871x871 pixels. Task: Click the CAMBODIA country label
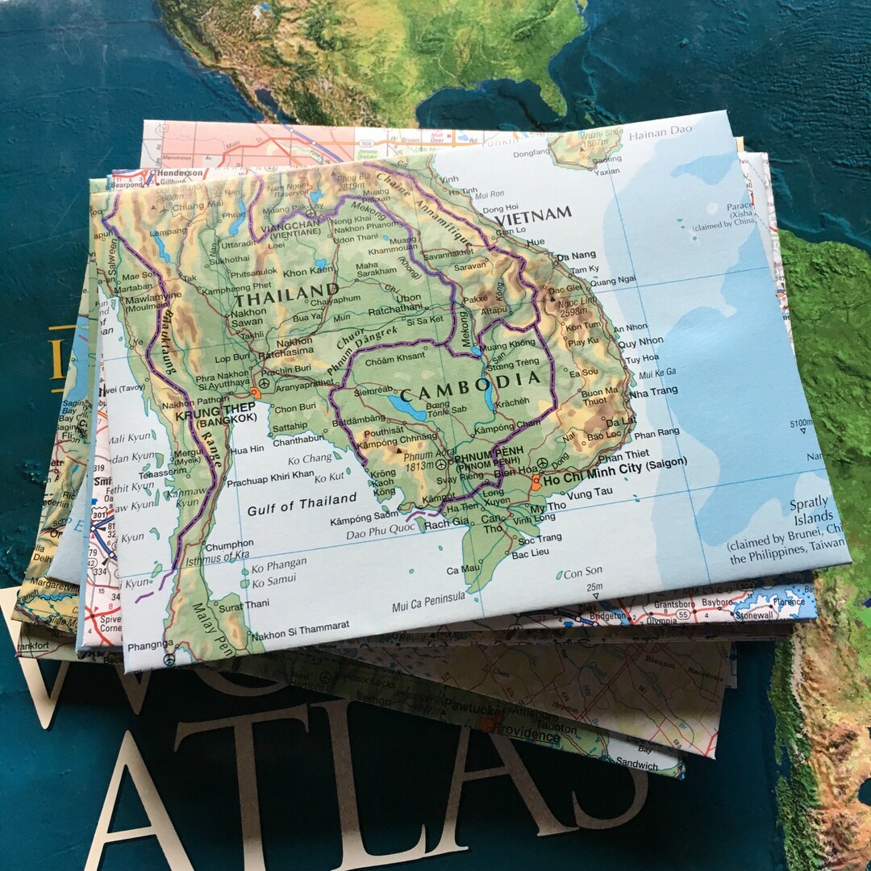(469, 385)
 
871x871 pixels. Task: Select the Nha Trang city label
(654, 391)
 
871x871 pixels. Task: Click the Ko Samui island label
(273, 579)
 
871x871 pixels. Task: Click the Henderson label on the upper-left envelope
(180, 173)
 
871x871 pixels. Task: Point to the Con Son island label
(583, 573)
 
